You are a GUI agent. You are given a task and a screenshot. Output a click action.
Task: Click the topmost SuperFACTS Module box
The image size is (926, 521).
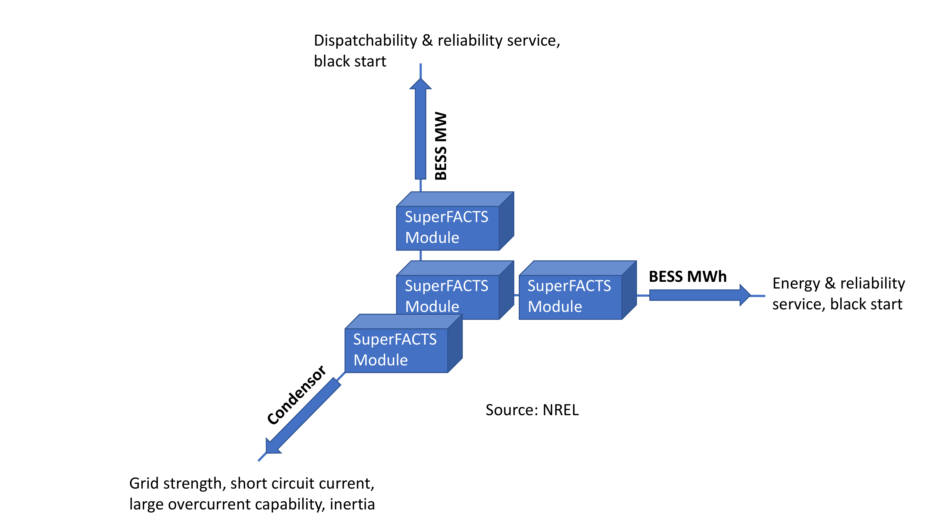pyautogui.click(x=447, y=228)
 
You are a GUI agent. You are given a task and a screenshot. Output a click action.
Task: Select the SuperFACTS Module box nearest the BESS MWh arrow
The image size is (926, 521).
pyautogui.click(x=570, y=297)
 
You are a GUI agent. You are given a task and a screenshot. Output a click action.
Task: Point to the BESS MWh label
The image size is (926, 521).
pyautogui.click(x=687, y=276)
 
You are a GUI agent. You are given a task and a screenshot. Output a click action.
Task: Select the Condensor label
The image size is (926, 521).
pyautogui.click(x=297, y=395)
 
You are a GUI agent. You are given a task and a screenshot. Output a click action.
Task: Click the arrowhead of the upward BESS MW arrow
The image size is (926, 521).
pyautogui.click(x=421, y=84)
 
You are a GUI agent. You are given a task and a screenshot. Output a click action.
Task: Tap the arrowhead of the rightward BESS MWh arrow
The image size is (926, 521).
pyautogui.click(x=745, y=295)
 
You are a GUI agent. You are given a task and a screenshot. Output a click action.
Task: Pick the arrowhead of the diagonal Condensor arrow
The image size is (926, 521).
pyautogui.click(x=272, y=447)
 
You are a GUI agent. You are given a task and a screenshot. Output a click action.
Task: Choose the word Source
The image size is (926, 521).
pyautogui.click(x=512, y=410)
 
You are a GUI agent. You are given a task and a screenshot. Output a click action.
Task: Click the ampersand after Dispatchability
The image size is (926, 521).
pyautogui.click(x=427, y=40)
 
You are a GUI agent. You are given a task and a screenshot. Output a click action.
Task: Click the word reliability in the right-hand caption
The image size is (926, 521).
pyautogui.click(x=873, y=284)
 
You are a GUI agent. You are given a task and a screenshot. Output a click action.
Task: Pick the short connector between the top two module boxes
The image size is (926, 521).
pyautogui.click(x=421, y=256)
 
